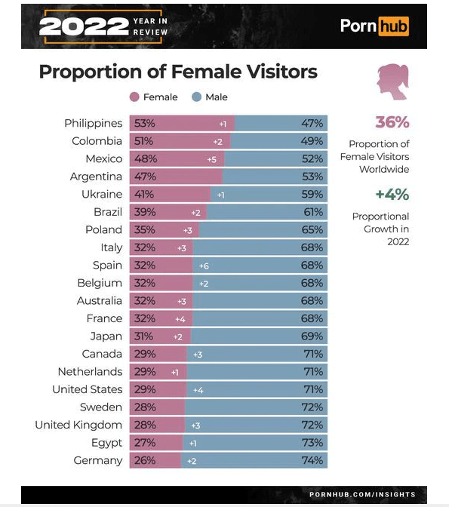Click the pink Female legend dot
[x=134, y=97]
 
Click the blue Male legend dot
[x=196, y=97]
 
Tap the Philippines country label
[x=93, y=123]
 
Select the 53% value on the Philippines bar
[x=145, y=123]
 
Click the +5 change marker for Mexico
[x=212, y=159]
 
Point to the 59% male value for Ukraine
[x=312, y=195]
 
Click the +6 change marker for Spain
[x=204, y=266]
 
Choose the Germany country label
[x=98, y=460]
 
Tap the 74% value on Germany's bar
[x=312, y=460]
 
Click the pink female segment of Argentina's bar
[x=176, y=177]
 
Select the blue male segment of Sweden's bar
[x=257, y=407]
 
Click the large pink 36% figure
[x=392, y=122]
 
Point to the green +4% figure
[x=392, y=195]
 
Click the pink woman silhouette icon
[x=392, y=81]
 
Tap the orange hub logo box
[x=393, y=26]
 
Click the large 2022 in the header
[x=84, y=26]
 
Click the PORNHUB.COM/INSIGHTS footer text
[x=362, y=494]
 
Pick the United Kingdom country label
[x=78, y=425]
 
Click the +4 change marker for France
[x=180, y=319]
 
